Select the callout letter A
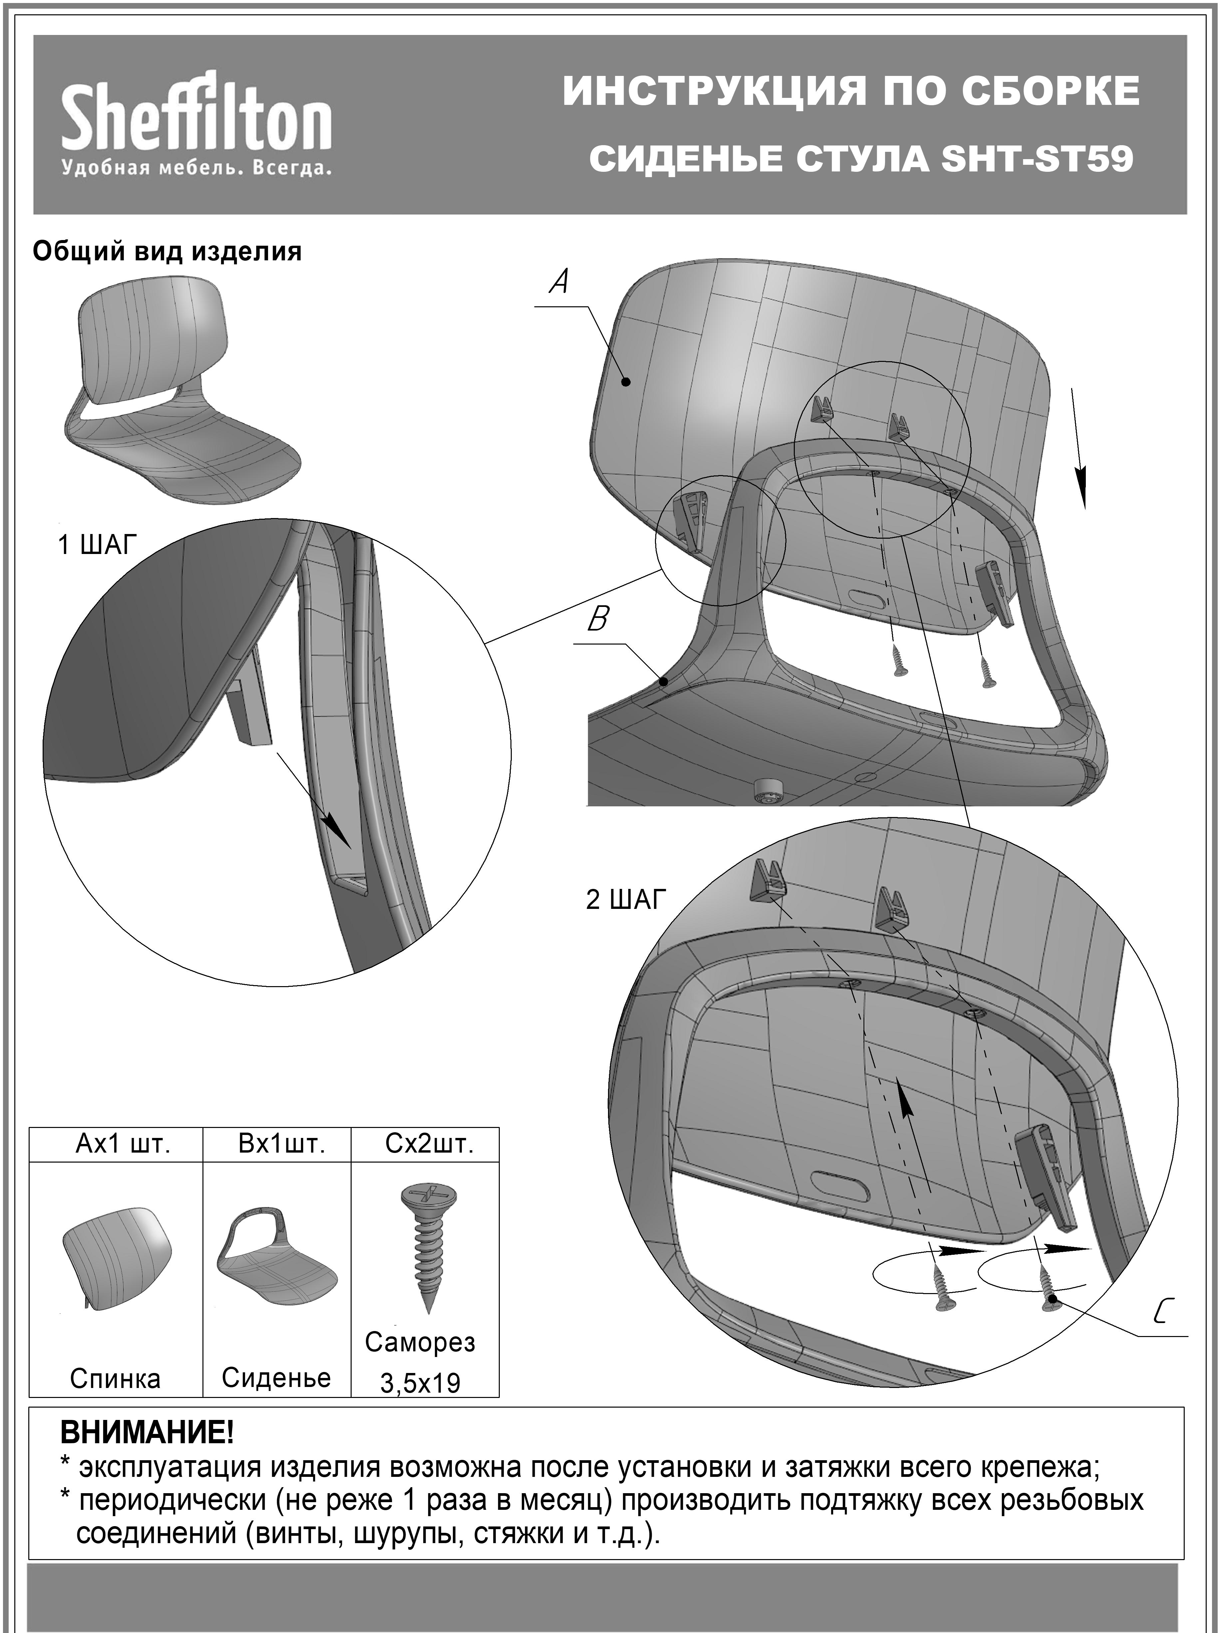coord(560,281)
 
